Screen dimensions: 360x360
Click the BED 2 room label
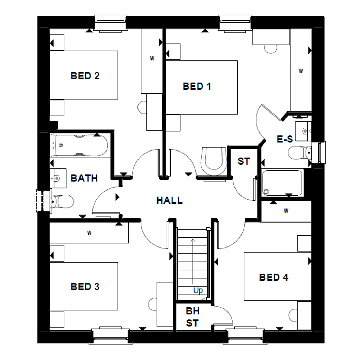(85, 76)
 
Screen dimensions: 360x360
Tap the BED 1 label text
(197, 86)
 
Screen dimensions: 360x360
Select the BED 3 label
(85, 287)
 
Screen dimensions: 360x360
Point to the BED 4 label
(274, 277)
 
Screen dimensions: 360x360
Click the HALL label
(169, 200)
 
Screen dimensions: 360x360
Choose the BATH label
(84, 178)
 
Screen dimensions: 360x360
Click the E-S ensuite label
(284, 140)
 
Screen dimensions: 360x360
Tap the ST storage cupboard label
(244, 161)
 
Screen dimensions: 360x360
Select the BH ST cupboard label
(192, 317)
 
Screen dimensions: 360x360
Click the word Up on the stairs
(198, 291)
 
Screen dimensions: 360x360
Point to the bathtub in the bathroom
(79, 145)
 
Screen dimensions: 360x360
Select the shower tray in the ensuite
(282, 183)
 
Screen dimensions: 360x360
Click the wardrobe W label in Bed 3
(89, 233)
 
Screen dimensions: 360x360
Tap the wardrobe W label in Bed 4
(286, 211)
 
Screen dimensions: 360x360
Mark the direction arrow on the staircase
(193, 260)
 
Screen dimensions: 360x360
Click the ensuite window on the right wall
(322, 152)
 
